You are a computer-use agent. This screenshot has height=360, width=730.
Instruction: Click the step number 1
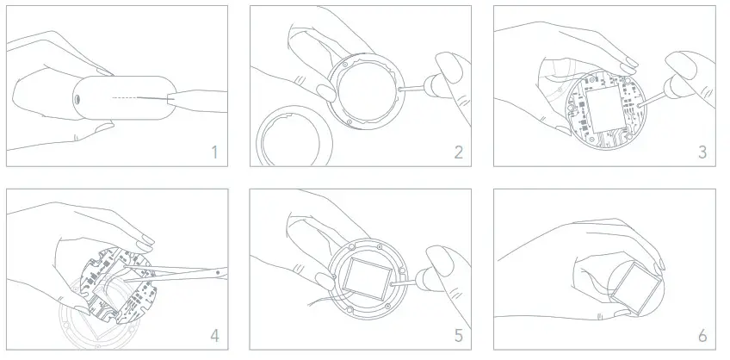[x=213, y=152]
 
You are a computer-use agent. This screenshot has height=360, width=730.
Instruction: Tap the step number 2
[x=458, y=152]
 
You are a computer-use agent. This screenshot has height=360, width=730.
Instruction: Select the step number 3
[x=702, y=152]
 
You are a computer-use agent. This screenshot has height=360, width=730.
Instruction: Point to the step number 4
[x=213, y=335]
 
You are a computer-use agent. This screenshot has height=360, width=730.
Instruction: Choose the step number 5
[x=458, y=335]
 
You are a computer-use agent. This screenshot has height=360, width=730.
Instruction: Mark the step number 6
[x=702, y=335]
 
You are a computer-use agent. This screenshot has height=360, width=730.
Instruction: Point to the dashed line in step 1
[x=129, y=98]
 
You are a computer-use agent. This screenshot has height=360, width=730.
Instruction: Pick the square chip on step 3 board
[x=604, y=109]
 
